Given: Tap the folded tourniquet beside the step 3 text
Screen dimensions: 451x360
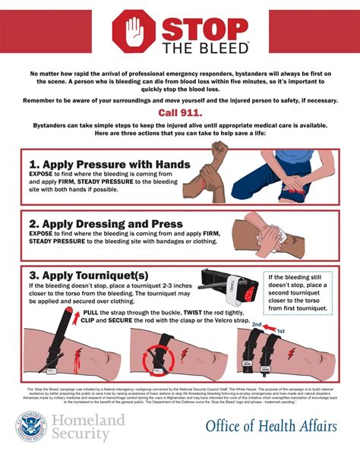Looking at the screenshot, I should point(228,283).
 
